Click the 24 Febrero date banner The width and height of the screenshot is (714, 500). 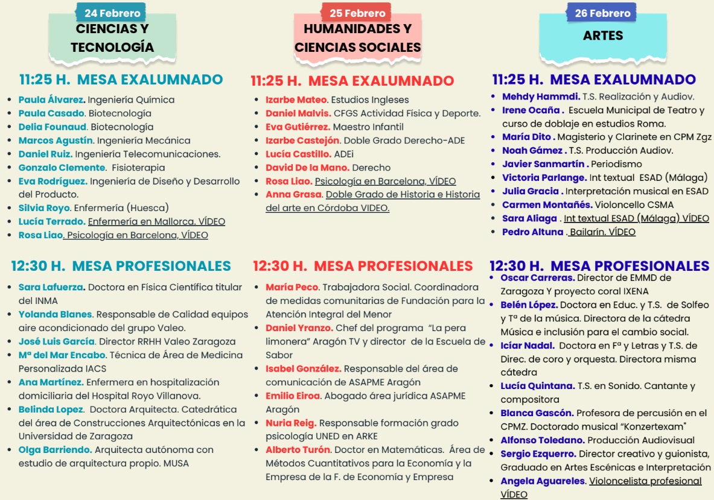click(112, 13)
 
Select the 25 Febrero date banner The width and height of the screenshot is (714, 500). click(357, 13)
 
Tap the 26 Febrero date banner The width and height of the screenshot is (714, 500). click(602, 13)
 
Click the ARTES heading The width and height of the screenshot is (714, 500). click(603, 36)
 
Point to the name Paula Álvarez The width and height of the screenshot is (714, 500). click(52, 100)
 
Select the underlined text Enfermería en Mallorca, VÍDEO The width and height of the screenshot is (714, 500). click(156, 221)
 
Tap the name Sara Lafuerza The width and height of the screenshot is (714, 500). click(51, 287)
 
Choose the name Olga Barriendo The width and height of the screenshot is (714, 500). click(55, 449)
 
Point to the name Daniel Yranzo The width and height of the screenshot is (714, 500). click(299, 328)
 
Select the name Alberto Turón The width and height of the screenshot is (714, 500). click(298, 449)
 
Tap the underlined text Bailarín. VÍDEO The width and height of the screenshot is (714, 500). click(602, 232)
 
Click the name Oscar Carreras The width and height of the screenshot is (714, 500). click(537, 278)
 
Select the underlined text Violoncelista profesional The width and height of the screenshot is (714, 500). click(645, 481)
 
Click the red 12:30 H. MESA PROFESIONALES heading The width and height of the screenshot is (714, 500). click(363, 266)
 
